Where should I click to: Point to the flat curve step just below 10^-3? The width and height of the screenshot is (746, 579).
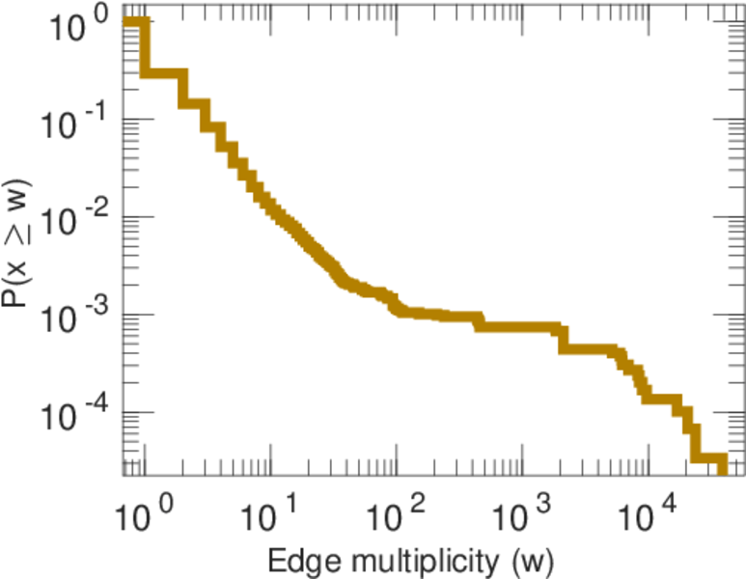click(517, 327)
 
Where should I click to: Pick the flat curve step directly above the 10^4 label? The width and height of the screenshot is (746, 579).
click(662, 399)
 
